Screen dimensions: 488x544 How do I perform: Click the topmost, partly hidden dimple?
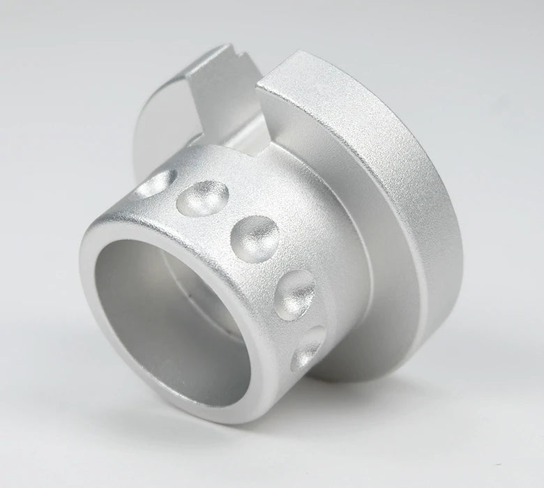pos(155,183)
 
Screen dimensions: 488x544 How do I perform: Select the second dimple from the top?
pos(203,198)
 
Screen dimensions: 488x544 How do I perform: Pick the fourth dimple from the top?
pos(294,293)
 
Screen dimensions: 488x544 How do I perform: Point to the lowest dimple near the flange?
pos(308,346)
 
